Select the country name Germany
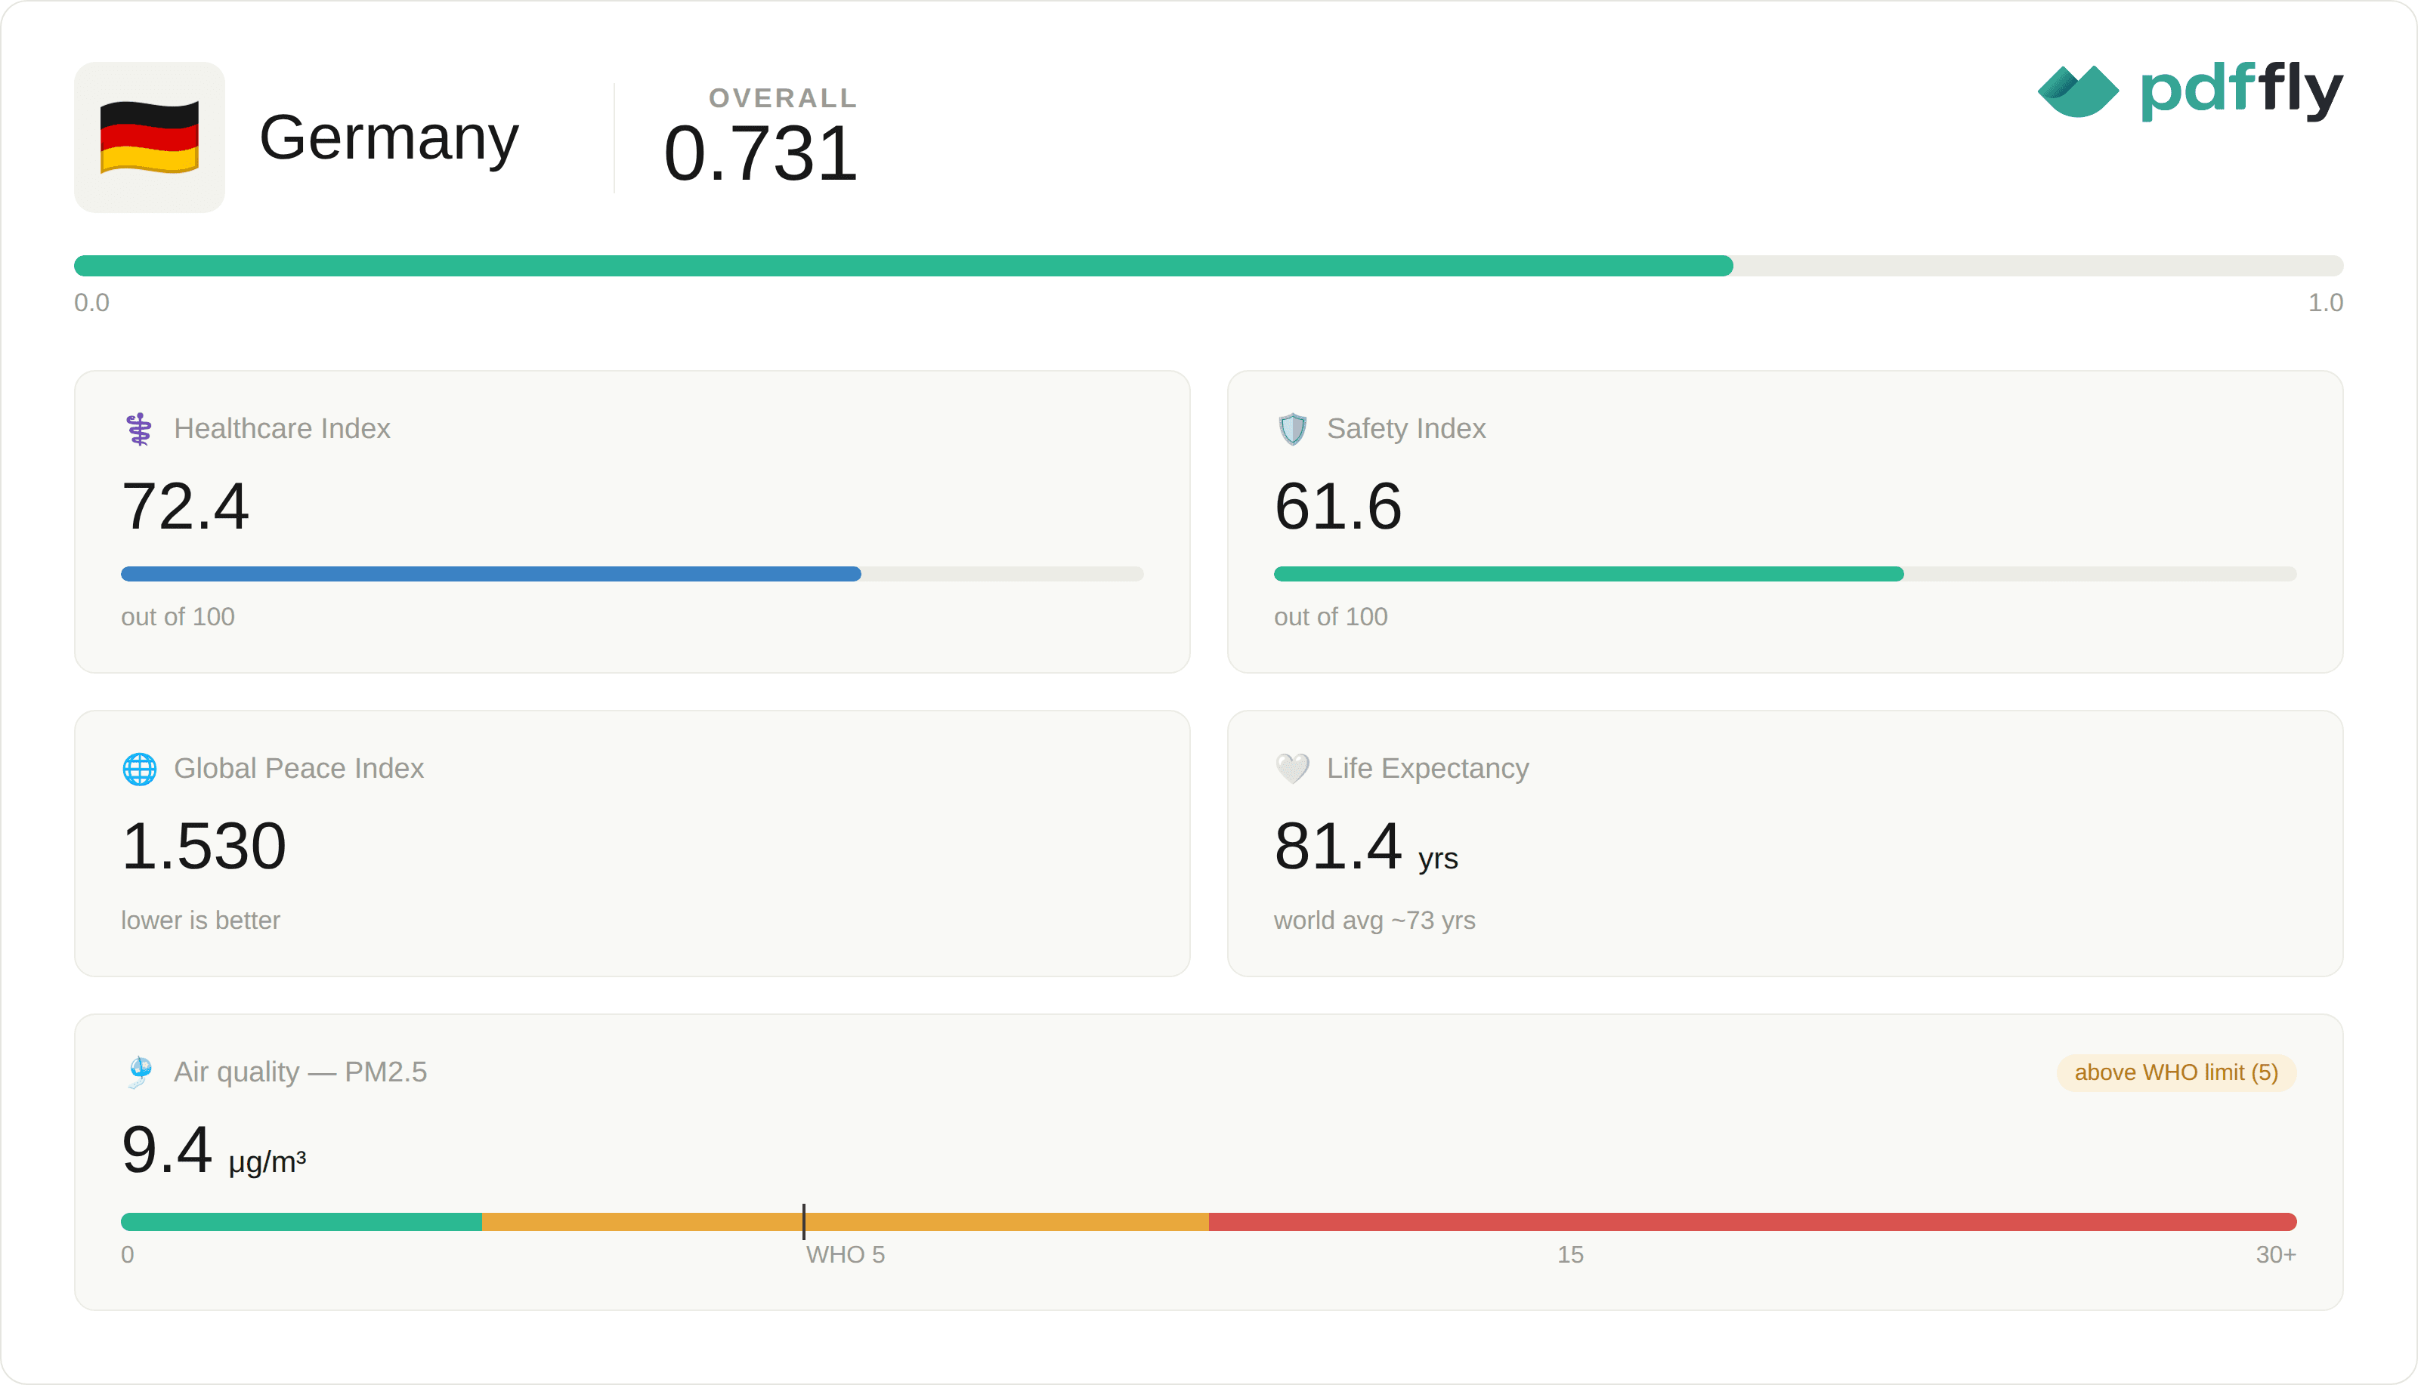[389, 138]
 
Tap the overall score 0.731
[760, 153]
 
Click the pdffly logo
[2190, 91]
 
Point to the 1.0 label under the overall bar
[2325, 303]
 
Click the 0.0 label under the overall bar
[91, 303]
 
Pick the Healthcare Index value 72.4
[186, 506]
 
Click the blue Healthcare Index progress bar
[491, 574]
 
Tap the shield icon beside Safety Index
[1292, 429]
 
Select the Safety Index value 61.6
[1338, 506]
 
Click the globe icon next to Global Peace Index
[140, 769]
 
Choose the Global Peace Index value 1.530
[204, 846]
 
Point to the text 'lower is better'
[201, 920]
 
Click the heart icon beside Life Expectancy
[1292, 768]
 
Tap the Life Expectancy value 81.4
[1338, 846]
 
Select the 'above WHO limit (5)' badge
[2176, 1072]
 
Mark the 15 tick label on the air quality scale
[1570, 1254]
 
